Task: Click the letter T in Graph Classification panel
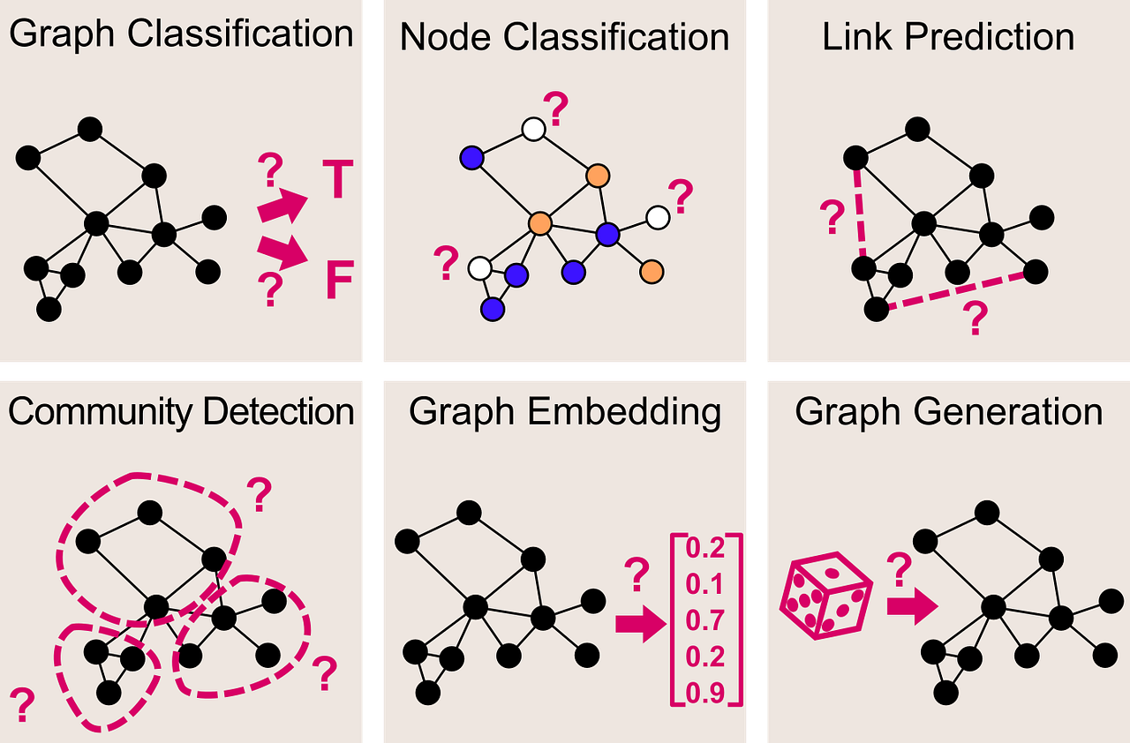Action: point(336,180)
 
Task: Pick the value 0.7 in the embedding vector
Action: point(704,620)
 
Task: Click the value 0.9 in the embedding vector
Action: point(704,693)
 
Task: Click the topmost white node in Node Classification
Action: point(533,130)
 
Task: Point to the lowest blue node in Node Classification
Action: point(493,309)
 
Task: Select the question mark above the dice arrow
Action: point(898,570)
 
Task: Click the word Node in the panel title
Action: point(441,37)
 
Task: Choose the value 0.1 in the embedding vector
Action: point(704,584)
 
